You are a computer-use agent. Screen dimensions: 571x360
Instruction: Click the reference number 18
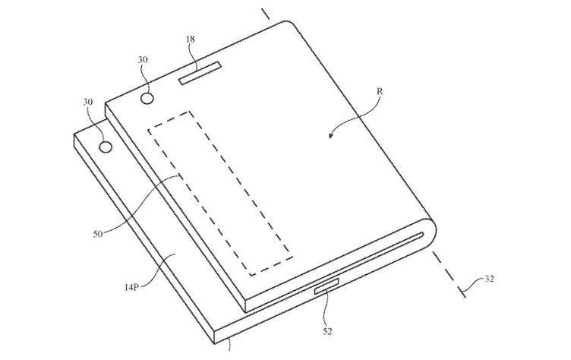pos(191,39)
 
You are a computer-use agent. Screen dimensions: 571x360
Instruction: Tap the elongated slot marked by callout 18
pos(200,73)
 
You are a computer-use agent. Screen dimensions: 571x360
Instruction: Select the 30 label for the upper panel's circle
pos(143,59)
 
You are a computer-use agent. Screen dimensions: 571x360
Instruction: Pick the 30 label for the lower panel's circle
pos(88,102)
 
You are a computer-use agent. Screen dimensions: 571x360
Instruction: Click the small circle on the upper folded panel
pos(147,99)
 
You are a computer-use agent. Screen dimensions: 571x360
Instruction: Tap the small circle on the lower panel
pos(106,147)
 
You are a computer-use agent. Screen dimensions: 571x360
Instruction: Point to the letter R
pos(380,91)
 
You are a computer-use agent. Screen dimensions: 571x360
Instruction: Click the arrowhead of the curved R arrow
pos(331,135)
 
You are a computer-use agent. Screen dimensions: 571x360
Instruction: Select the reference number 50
pos(98,234)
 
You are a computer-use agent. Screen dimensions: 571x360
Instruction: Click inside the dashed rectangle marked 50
pos(220,194)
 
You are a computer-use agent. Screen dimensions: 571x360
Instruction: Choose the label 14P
pos(131,288)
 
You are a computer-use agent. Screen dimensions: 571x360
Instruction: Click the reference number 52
pos(327,331)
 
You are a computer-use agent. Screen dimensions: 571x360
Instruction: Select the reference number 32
pos(490,279)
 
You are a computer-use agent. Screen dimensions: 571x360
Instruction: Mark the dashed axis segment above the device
pos(266,14)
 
